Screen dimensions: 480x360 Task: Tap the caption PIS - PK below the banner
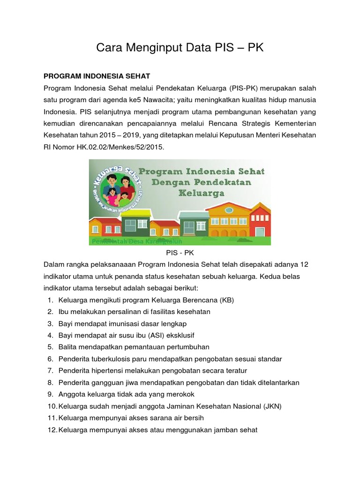click(180, 253)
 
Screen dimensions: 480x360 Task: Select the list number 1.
click(50, 300)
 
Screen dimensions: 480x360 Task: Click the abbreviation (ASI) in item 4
click(150, 335)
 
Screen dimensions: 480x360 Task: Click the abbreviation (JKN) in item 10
click(271, 406)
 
